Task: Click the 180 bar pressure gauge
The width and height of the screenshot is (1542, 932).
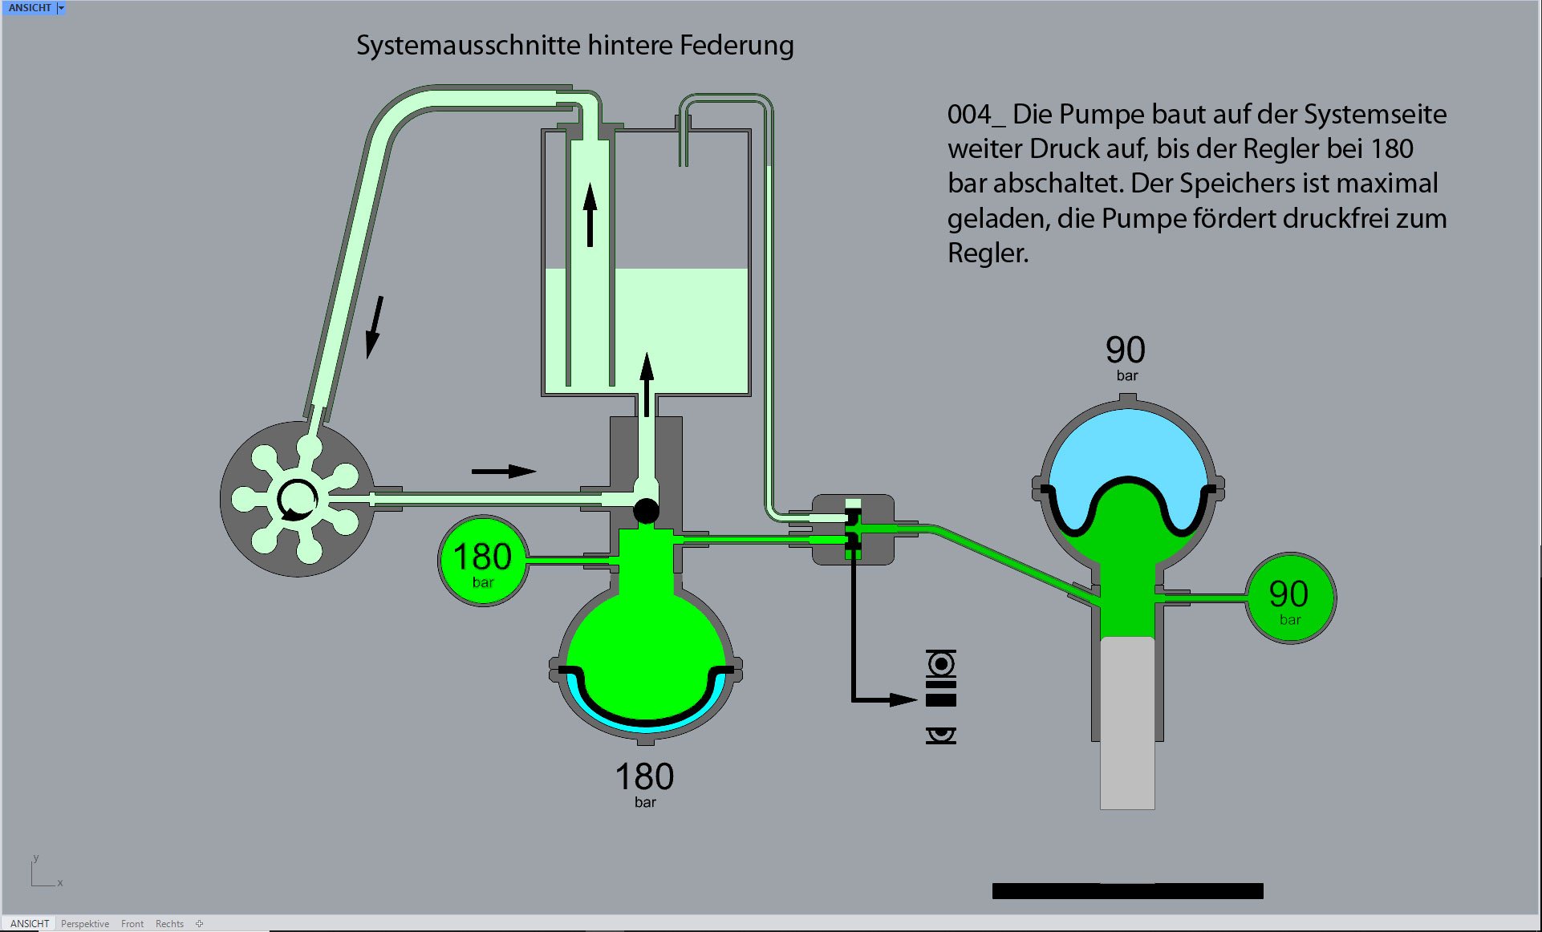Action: pos(482,561)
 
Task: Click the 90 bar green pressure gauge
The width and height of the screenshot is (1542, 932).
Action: pos(1289,598)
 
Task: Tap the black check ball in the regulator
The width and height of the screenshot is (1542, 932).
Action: pos(646,510)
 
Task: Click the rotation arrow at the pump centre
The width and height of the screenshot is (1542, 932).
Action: pos(296,500)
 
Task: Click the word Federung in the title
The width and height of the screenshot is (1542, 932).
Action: pos(737,46)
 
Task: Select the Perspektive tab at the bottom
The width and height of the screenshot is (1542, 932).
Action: pos(85,924)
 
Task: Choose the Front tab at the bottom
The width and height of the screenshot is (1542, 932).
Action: pos(132,924)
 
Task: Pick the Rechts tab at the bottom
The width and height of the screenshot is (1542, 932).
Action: pos(169,924)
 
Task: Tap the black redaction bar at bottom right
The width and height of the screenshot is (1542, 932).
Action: pos(1127,890)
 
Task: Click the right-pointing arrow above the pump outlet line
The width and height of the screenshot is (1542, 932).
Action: pos(503,471)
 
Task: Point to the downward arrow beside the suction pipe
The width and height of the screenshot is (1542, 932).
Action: pos(374,327)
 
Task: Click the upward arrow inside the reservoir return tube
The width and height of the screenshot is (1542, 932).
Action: pos(590,214)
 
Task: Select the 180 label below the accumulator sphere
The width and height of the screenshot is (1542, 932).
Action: pos(644,776)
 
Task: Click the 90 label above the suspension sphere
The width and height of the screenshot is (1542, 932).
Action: pos(1126,350)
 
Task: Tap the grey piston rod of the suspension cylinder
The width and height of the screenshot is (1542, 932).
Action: pos(1127,722)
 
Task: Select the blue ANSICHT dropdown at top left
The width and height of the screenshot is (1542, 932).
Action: pos(34,8)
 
